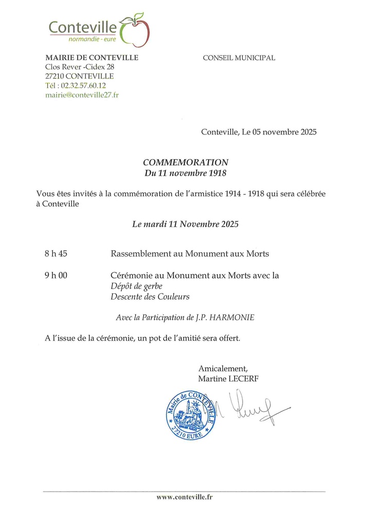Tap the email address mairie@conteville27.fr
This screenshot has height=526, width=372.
pos(82,95)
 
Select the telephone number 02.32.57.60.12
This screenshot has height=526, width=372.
pos(83,86)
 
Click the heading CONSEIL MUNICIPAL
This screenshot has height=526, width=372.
pos(239,58)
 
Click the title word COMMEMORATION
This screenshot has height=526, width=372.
pos(185,162)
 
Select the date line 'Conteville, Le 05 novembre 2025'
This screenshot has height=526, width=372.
pos(259,132)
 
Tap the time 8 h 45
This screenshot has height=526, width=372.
pos(56,254)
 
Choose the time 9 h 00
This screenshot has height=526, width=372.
pos(56,275)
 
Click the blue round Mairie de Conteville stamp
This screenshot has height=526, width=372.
pos(191,414)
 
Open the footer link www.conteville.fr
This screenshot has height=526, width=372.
pos(184,497)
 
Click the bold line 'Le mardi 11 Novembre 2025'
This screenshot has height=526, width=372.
pos(185,224)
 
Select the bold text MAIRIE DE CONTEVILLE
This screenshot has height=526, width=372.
pos(92,58)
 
